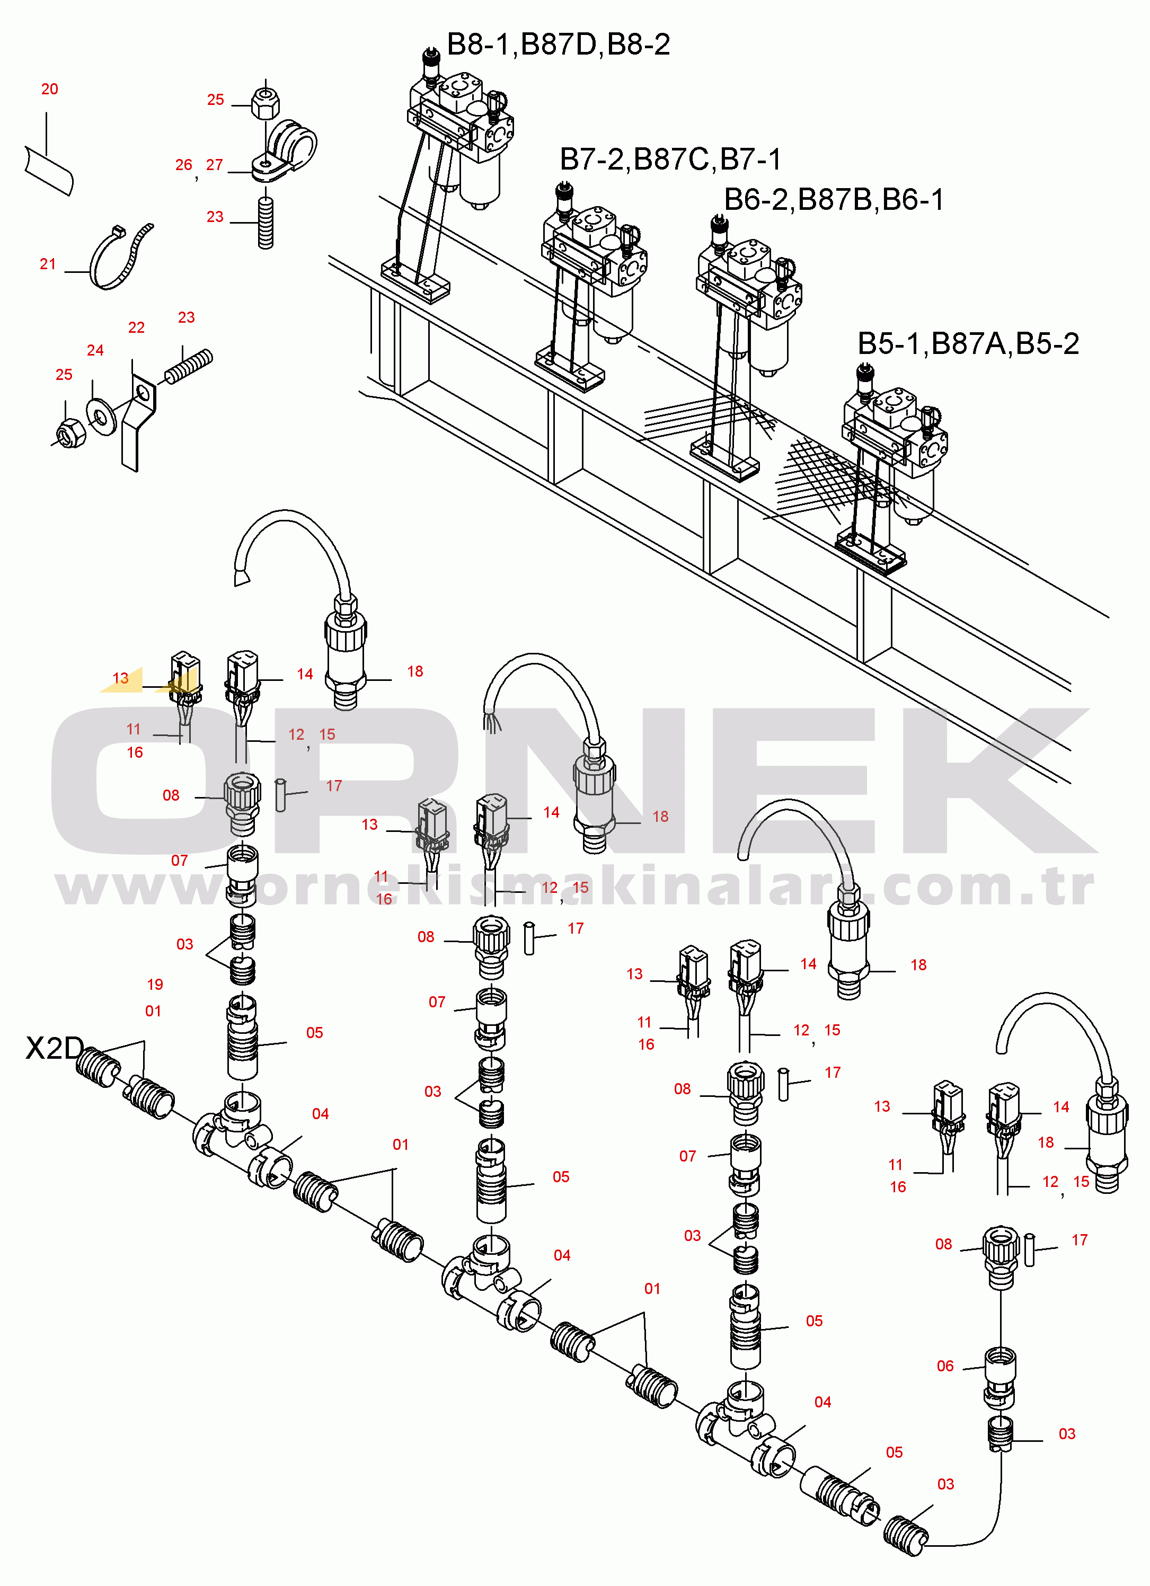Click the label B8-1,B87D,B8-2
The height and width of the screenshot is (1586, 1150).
(558, 45)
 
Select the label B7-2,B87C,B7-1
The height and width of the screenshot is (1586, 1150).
(670, 160)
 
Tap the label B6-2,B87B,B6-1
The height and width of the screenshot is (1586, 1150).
(834, 200)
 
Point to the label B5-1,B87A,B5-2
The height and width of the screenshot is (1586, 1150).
(968, 344)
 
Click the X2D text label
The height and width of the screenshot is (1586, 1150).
(54, 1048)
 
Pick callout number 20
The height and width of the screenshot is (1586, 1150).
(50, 90)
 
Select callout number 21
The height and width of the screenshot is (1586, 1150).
(48, 264)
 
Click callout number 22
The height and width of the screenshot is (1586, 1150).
(136, 328)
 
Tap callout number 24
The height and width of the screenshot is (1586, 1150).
(95, 350)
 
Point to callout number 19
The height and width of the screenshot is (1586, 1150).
(155, 985)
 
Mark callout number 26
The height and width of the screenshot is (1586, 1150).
(183, 165)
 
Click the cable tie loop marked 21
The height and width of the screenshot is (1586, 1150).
(119, 259)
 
